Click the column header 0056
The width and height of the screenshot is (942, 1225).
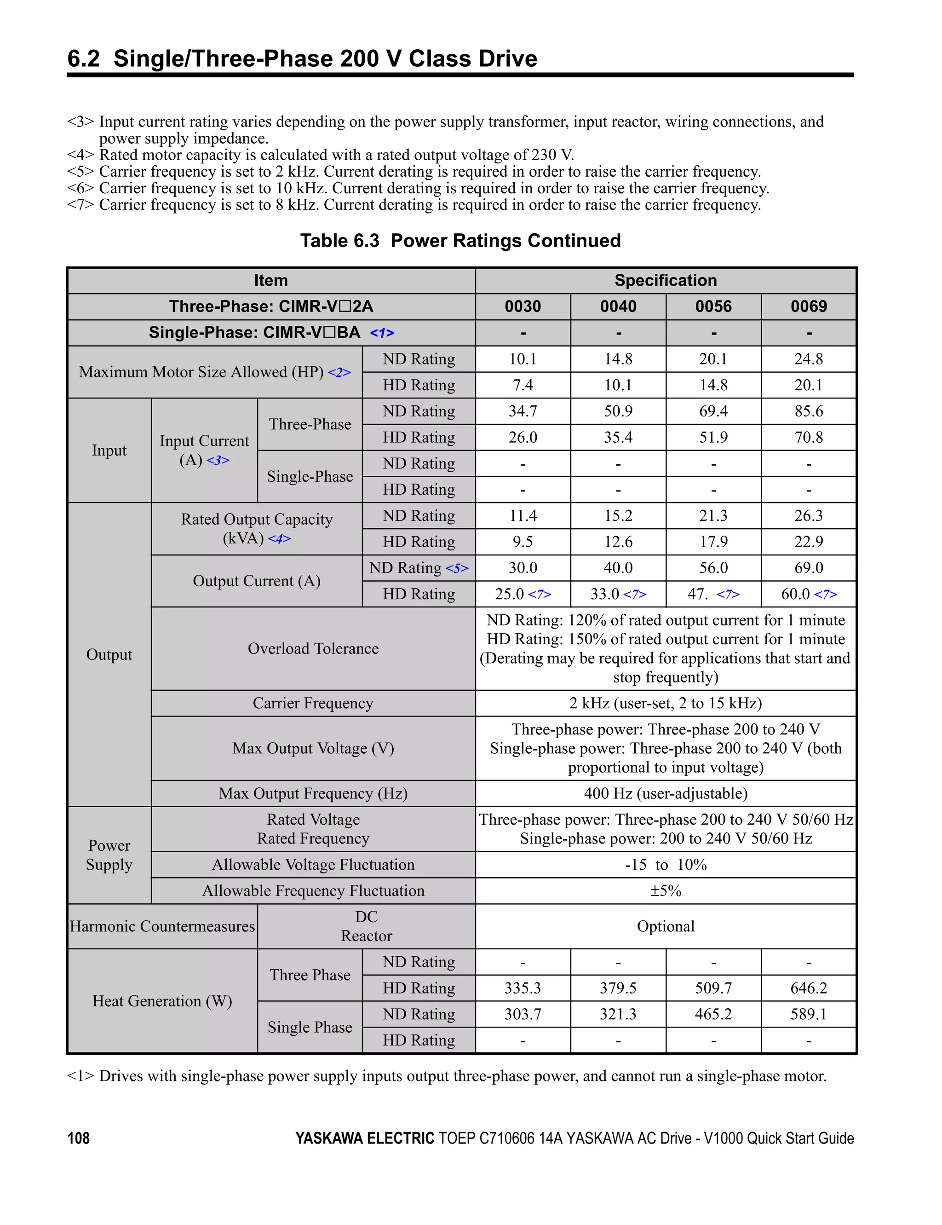pos(713,306)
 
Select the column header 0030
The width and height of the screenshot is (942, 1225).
pos(523,306)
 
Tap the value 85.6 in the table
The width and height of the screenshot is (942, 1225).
pos(809,411)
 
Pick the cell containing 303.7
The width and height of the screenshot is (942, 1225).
pos(523,1014)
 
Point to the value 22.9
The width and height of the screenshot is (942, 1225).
pos(809,542)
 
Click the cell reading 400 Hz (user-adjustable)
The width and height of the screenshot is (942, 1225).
pos(666,793)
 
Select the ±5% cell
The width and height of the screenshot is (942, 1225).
pos(666,891)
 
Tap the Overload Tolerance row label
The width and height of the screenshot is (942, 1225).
pos(313,648)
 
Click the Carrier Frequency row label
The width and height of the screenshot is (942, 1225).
pos(313,703)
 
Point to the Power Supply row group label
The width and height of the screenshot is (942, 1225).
pos(109,855)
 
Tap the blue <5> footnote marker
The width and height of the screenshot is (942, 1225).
pos(457,568)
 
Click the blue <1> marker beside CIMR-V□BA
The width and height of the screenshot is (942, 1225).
pos(382,333)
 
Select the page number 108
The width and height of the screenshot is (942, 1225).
pos(79,1138)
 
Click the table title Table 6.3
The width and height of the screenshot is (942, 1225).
pos(340,241)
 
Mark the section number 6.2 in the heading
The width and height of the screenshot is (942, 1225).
pos(84,58)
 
